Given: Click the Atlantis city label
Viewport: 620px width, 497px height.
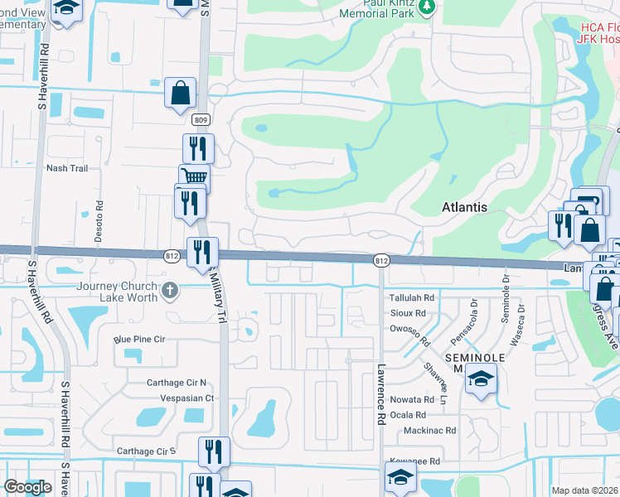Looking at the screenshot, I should [x=464, y=207].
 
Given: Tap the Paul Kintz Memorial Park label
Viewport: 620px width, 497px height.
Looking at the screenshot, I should [x=382, y=8].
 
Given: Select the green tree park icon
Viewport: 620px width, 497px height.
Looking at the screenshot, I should [x=428, y=7].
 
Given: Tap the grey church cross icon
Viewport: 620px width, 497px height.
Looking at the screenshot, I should [x=169, y=291].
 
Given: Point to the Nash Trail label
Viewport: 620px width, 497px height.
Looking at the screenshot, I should [x=67, y=168].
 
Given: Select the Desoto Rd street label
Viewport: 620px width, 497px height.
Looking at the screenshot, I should [x=99, y=220].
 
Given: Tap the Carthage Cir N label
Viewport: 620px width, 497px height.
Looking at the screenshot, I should [x=165, y=383].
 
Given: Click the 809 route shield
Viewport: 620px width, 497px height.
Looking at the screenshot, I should [x=201, y=120].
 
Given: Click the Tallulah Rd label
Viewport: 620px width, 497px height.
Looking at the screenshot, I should [x=412, y=297].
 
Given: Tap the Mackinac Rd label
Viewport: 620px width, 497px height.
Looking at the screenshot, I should [x=429, y=431].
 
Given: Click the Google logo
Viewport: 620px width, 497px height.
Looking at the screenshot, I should [x=27, y=487].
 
